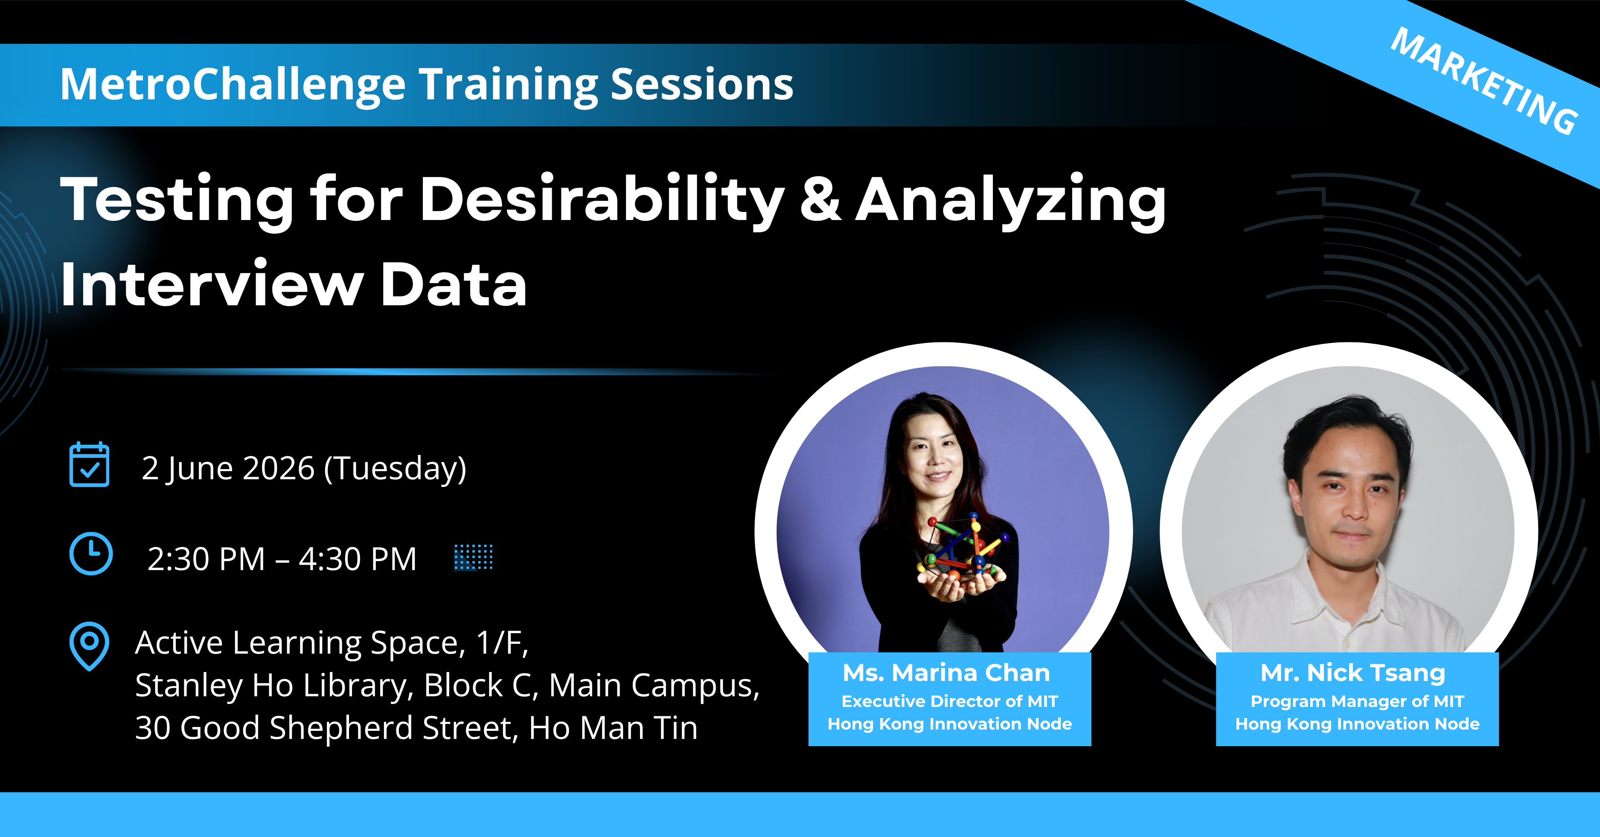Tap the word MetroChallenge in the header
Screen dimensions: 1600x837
pyautogui.click(x=233, y=85)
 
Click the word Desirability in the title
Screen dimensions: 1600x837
pyautogui.click(x=602, y=200)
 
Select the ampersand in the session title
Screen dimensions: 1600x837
pyautogui.click(x=820, y=199)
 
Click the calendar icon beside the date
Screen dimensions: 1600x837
pyautogui.click(x=90, y=464)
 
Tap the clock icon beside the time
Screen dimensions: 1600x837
pyautogui.click(x=91, y=554)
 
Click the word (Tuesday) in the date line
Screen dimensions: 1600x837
pyautogui.click(x=395, y=469)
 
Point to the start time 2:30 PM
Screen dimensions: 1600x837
pyautogui.click(x=206, y=559)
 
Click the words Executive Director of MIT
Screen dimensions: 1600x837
pyautogui.click(x=950, y=702)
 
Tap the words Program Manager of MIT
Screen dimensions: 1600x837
pyautogui.click(x=1357, y=702)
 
